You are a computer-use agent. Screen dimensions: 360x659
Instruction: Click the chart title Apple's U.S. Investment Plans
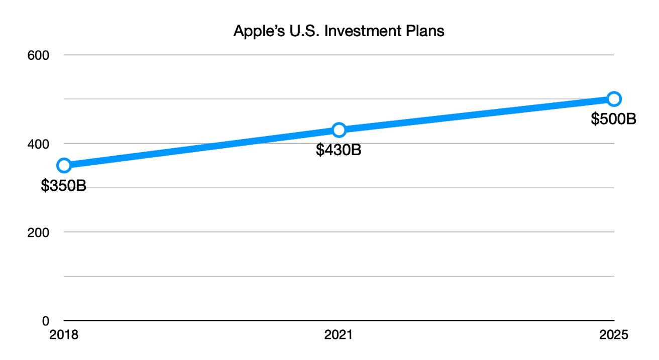339,31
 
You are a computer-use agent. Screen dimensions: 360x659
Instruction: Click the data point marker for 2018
64,165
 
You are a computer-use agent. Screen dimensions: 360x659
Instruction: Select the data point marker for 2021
339,130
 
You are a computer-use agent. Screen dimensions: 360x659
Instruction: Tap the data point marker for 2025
614,98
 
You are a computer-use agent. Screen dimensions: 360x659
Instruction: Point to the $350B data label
63,186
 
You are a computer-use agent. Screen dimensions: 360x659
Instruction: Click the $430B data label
339,150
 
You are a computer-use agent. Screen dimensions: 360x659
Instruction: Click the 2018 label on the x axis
64,335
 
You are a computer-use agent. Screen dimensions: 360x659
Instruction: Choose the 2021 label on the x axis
339,335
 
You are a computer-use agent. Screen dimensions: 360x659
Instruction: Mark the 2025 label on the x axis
614,335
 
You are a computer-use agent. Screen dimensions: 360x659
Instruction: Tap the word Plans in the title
427,31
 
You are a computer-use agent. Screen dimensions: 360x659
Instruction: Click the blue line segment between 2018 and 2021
201,148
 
